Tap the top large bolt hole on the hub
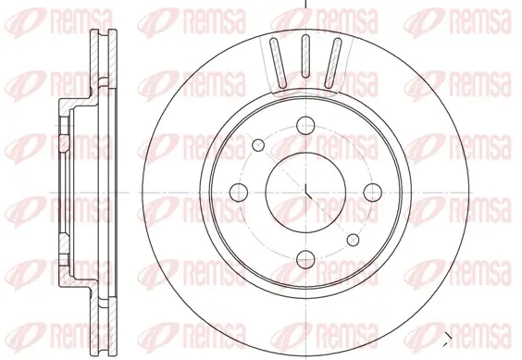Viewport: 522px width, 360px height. coord(305,126)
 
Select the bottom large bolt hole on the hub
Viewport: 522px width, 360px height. coord(305,259)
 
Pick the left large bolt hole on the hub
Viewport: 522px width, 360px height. coord(239,192)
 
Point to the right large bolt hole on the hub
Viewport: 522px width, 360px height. coord(372,192)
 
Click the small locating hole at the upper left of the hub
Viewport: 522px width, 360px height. coord(258,145)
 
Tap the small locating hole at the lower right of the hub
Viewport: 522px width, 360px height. coord(353,240)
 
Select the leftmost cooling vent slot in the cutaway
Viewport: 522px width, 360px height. coord(278,63)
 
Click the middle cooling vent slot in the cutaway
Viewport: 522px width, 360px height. coord(304,56)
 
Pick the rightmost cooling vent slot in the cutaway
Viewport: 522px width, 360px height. coord(332,63)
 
